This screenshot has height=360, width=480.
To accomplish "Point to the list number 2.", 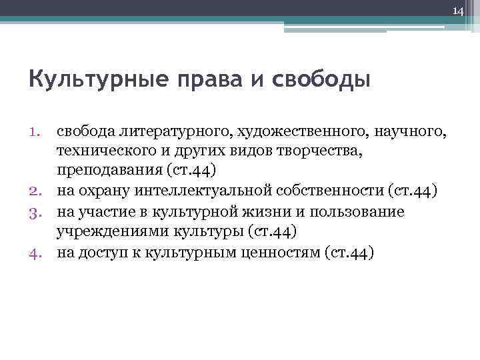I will pyautogui.click(x=37, y=192).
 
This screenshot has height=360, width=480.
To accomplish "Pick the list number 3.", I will pyautogui.click(x=37, y=212).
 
